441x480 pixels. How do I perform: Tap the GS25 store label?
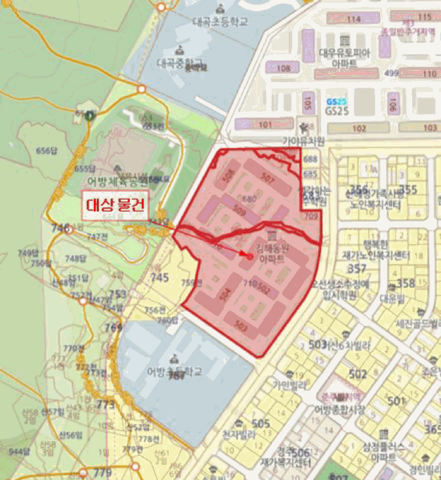(x=337, y=110)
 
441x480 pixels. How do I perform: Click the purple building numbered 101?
(x=264, y=124)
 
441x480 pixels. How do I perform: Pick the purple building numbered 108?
(x=283, y=67)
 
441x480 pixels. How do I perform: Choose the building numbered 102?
(x=359, y=128)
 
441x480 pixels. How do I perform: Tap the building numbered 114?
(x=355, y=19)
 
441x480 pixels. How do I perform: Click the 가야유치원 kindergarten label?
(x=303, y=141)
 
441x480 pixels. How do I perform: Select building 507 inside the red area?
(x=267, y=178)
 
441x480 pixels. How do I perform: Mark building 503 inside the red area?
(x=240, y=324)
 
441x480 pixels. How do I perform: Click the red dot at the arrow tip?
(x=250, y=255)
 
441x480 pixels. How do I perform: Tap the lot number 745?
(x=160, y=278)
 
